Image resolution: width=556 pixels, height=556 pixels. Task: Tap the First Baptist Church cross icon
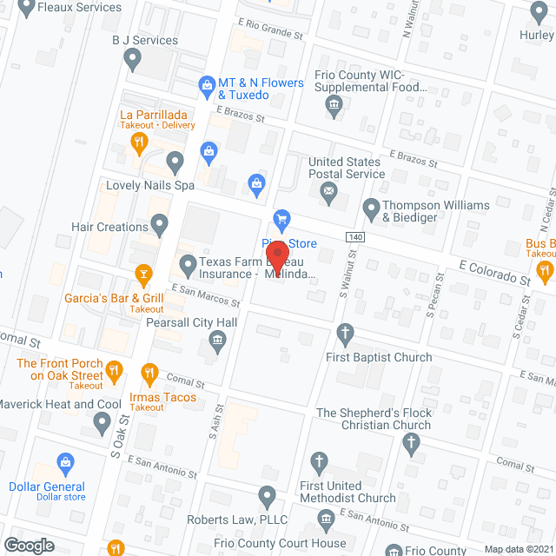[346, 333]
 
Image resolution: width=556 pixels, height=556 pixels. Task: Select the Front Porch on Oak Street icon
[115, 374]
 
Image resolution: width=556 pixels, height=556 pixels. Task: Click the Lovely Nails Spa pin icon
[175, 161]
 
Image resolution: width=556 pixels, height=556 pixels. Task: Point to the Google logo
[28, 545]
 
